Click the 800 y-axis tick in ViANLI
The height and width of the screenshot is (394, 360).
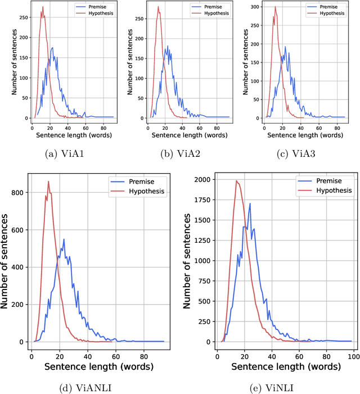click(x=17, y=192)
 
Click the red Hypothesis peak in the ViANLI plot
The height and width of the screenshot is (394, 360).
click(x=48, y=181)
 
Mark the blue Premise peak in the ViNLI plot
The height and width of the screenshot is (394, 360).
click(x=249, y=203)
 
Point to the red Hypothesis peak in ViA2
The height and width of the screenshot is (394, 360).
click(x=158, y=7)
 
